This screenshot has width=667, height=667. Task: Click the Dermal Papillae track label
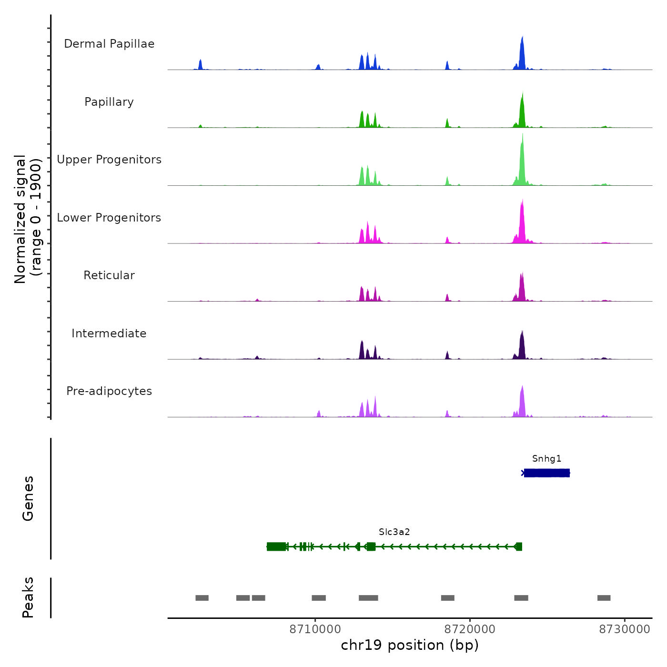pyautogui.click(x=109, y=44)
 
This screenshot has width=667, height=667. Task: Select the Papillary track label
pyautogui.click(x=109, y=102)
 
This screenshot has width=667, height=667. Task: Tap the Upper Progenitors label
pyautogui.click(x=109, y=160)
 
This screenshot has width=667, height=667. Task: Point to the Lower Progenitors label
pyautogui.click(x=109, y=218)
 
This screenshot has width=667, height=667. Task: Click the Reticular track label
pyautogui.click(x=109, y=275)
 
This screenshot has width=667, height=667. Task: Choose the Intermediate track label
pyautogui.click(x=109, y=333)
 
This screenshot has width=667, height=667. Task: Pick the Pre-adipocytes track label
pyautogui.click(x=109, y=391)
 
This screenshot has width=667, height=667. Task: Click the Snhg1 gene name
pyautogui.click(x=546, y=459)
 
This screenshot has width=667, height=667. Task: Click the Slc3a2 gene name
pyautogui.click(x=394, y=532)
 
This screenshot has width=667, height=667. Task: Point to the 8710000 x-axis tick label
pyautogui.click(x=315, y=629)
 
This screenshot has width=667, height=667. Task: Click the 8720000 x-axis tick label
pyautogui.click(x=470, y=629)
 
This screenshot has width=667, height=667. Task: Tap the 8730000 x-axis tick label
pyautogui.click(x=625, y=629)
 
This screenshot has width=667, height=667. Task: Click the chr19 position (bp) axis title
pyautogui.click(x=410, y=645)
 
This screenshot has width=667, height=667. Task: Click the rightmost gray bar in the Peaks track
pyautogui.click(x=604, y=598)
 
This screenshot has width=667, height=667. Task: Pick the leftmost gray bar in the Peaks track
pyautogui.click(x=202, y=598)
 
